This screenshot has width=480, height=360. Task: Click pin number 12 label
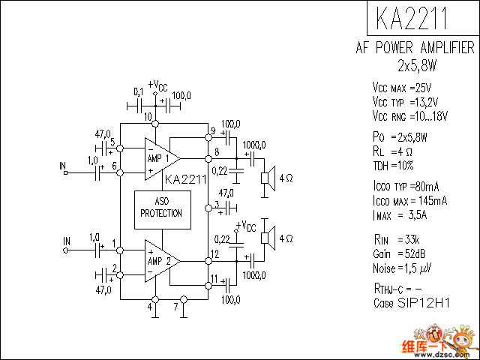coord(215,255)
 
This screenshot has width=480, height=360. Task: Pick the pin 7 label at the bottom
coord(175,306)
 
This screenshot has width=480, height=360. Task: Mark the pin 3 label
coord(216,203)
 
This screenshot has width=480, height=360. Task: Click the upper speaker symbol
coord(265,178)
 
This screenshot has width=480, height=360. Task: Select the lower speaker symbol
coord(265,238)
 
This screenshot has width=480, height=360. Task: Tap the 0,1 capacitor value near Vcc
coord(138,91)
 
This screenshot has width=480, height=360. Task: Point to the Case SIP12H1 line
coord(412,303)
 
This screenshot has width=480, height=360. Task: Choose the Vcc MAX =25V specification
coord(407,88)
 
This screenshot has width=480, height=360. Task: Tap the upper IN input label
coord(64,164)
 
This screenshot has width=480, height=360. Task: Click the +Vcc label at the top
coord(159,85)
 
